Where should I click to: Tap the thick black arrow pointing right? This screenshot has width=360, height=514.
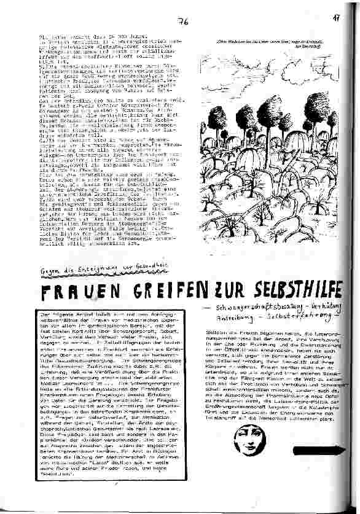(x=323, y=451)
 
